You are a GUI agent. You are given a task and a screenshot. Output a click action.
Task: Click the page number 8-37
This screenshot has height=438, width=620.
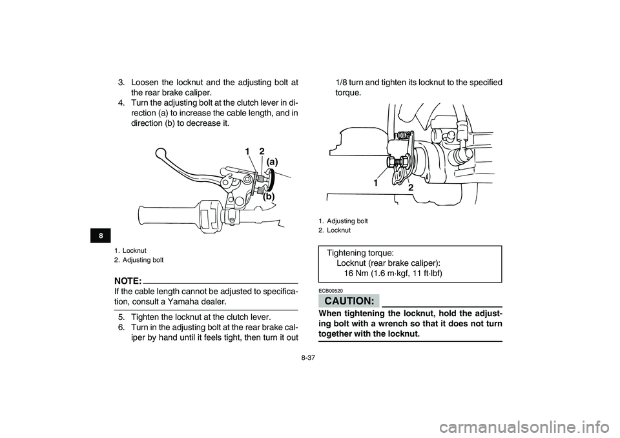pyautogui.click(x=307, y=359)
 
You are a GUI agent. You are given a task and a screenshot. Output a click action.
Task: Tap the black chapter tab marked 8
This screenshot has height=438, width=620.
pyautogui.click(x=101, y=236)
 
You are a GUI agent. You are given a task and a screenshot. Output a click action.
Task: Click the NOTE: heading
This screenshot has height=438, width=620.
pyautogui.click(x=128, y=281)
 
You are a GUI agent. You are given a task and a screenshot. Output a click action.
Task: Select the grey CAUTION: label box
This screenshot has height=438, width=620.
pyautogui.click(x=349, y=301)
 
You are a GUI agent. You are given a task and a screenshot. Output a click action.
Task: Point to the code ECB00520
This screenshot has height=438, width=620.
pyautogui.click(x=331, y=291)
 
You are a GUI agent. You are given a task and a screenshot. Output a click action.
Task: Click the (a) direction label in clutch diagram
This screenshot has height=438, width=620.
pyautogui.click(x=272, y=161)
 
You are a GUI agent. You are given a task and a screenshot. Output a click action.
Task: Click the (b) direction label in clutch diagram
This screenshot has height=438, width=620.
pyautogui.click(x=269, y=196)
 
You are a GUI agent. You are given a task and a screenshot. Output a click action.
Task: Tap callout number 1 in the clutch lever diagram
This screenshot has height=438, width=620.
pyautogui.click(x=247, y=151)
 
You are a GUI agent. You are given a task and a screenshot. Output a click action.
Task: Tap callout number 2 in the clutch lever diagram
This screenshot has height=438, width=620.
pyautogui.click(x=262, y=151)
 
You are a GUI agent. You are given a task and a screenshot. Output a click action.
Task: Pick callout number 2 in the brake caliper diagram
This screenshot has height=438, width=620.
pyautogui.click(x=411, y=188)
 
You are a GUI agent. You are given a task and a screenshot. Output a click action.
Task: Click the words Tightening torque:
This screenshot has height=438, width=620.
pyautogui.click(x=360, y=253)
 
